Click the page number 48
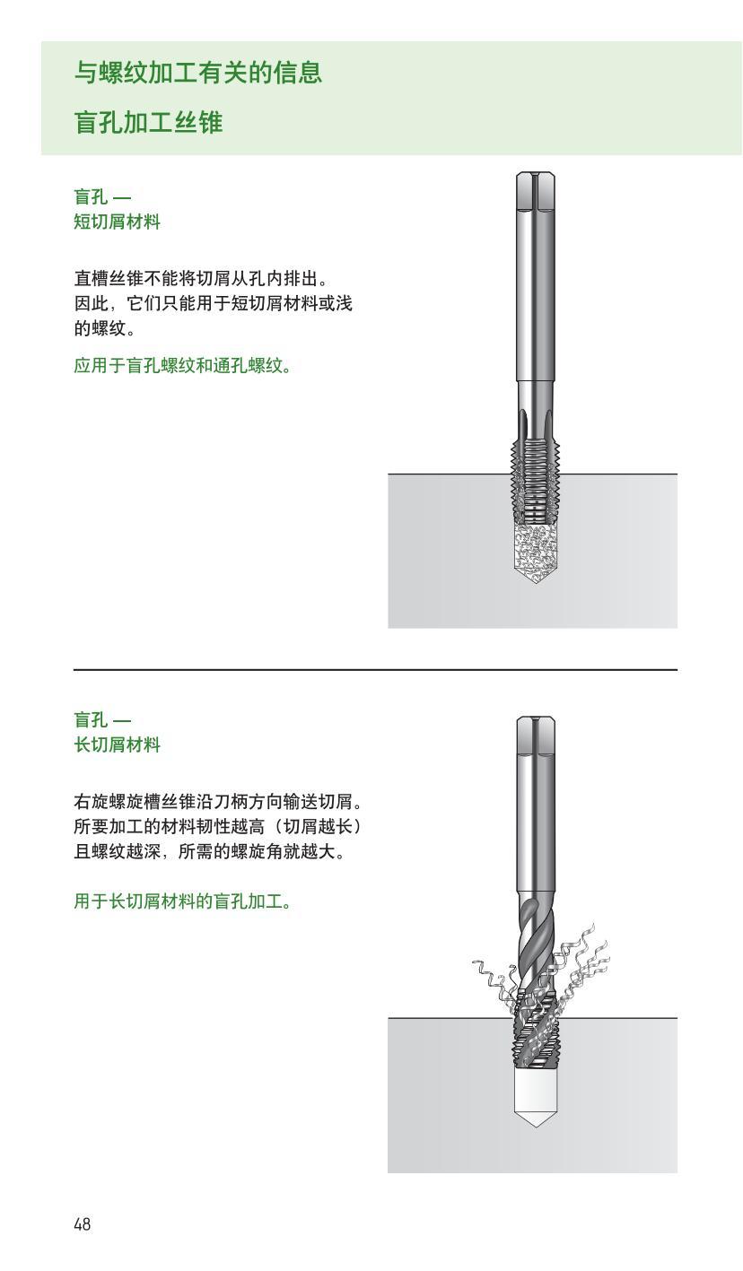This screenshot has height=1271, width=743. tap(82, 1223)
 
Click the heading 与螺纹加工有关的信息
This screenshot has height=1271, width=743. tap(197, 73)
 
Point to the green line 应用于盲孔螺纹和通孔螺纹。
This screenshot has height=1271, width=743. tap(182, 366)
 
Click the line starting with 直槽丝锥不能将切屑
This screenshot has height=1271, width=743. tap(207, 278)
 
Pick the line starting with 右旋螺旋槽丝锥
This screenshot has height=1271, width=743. tap(222, 800)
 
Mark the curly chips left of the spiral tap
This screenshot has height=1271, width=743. tap(493, 978)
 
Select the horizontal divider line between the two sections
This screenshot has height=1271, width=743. tap(375, 669)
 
